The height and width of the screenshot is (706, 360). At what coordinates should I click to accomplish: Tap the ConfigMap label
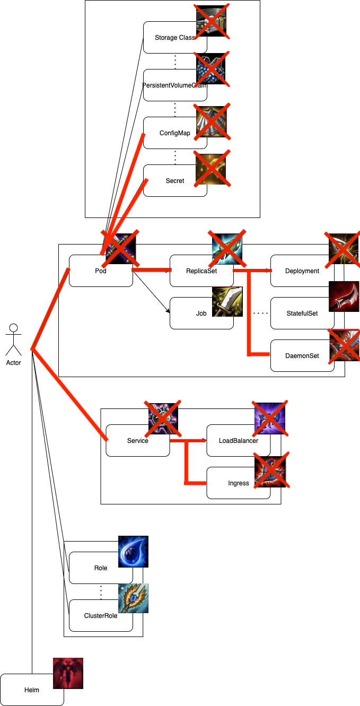point(174,133)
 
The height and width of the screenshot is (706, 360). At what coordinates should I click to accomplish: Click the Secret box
point(174,181)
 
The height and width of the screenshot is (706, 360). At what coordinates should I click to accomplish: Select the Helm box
point(32,690)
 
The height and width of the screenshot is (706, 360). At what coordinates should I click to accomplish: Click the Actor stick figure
point(14,339)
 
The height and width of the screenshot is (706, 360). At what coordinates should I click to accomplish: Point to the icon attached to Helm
point(68,673)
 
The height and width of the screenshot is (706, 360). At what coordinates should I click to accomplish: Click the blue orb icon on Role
point(133,551)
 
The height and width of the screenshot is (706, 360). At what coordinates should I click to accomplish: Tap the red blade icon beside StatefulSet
point(344,297)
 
